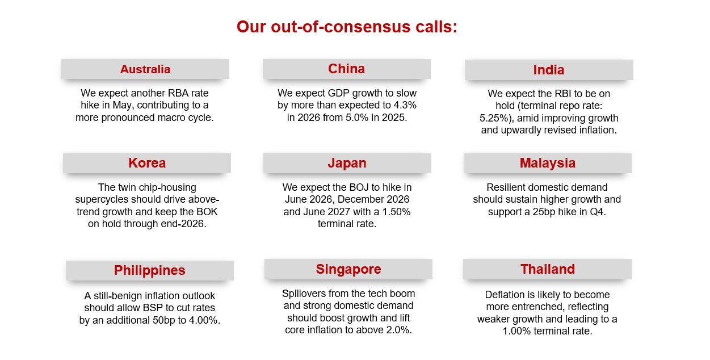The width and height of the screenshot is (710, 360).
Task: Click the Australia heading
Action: tap(145, 69)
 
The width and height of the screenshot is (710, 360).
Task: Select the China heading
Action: tap(346, 69)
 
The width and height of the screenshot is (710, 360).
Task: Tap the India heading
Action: tap(549, 70)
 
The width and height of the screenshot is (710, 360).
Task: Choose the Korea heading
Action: tap(147, 163)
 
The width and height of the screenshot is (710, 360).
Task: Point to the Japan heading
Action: tap(347, 164)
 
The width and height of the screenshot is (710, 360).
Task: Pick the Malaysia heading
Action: tap(547, 164)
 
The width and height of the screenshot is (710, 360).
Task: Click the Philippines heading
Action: tap(150, 270)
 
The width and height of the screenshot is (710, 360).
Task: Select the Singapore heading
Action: tap(348, 269)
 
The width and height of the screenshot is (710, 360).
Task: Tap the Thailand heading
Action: tap(547, 269)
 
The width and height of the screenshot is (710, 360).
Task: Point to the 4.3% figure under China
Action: tap(405, 105)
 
